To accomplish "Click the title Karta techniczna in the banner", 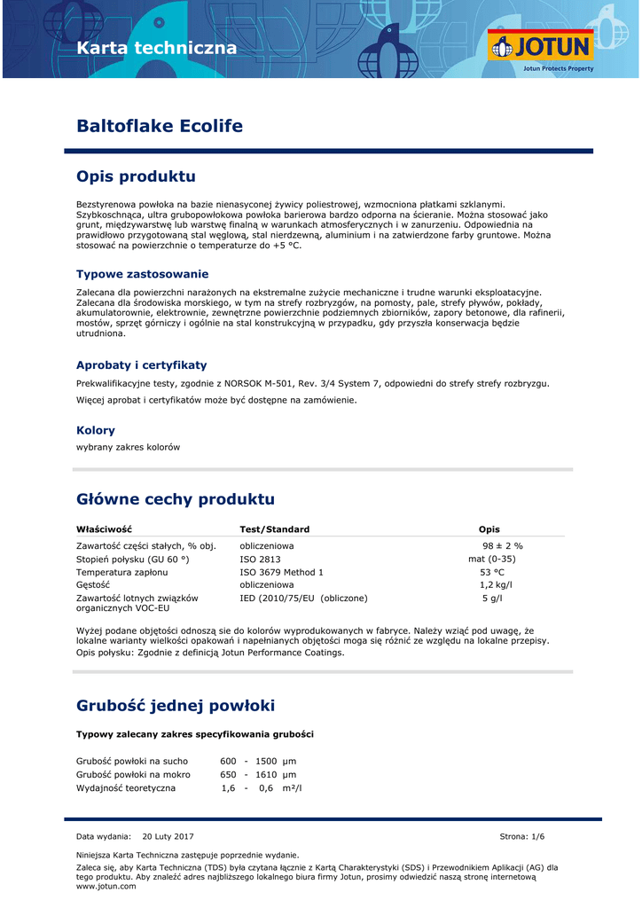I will click(157, 48).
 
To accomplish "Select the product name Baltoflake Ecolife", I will click(160, 126).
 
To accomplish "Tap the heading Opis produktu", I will click(136, 176).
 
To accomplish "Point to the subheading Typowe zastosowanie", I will click(142, 274).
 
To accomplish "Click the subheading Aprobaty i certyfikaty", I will click(141, 364).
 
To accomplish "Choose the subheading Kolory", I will click(96, 430).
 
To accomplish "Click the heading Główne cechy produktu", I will click(176, 499).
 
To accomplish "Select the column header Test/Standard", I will click(275, 529).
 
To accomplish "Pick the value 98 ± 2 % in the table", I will click(503, 545).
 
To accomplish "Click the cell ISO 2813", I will click(260, 559).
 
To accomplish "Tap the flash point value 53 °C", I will click(492, 572).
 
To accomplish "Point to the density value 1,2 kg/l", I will click(496, 585).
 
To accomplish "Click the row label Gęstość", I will click(93, 585).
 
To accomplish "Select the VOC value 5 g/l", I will click(492, 599).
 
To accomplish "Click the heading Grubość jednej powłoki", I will click(176, 706).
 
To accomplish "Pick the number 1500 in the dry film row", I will click(266, 761).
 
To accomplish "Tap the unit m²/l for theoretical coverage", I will click(292, 787).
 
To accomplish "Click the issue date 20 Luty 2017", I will click(168, 836).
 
